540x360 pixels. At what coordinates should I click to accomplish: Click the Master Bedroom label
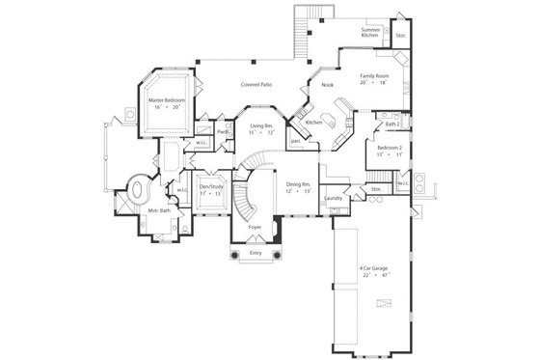167,98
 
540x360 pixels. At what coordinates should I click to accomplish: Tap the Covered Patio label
256,85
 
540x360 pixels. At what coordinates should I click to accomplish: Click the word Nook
313,85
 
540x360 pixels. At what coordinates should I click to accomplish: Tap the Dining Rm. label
299,183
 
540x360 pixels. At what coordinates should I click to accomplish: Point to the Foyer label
256,227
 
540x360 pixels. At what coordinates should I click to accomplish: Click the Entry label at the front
256,253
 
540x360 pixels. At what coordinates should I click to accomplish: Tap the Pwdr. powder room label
222,131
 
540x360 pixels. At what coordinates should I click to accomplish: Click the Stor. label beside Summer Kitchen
401,35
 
